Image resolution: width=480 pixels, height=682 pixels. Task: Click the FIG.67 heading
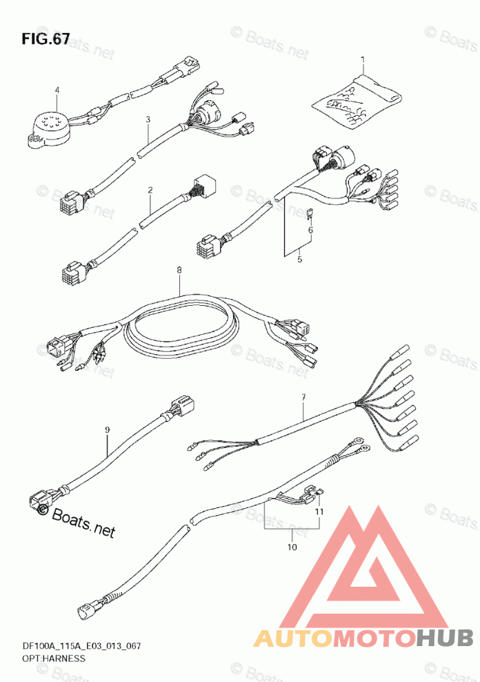[46, 39]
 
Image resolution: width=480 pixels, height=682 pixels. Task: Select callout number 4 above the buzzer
[57, 90]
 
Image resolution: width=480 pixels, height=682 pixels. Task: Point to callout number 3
[148, 119]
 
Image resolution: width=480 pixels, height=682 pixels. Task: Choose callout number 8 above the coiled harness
[179, 271]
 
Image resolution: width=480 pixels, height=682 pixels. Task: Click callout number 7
[303, 397]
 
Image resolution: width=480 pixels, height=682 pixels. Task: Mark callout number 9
[108, 430]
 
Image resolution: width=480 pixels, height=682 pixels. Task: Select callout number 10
[292, 547]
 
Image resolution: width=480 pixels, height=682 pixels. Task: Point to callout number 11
[319, 511]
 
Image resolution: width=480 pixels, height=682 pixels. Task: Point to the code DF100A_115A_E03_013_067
[77, 647]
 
